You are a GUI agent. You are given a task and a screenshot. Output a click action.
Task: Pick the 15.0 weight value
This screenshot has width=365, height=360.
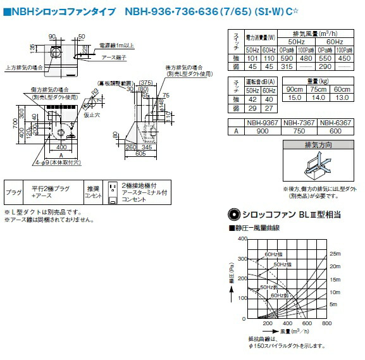pos(294,97)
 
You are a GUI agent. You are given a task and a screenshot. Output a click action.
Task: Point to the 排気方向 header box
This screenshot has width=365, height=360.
pos(317,146)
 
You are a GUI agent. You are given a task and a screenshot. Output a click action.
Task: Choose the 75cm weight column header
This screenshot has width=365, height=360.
pos(320,89)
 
